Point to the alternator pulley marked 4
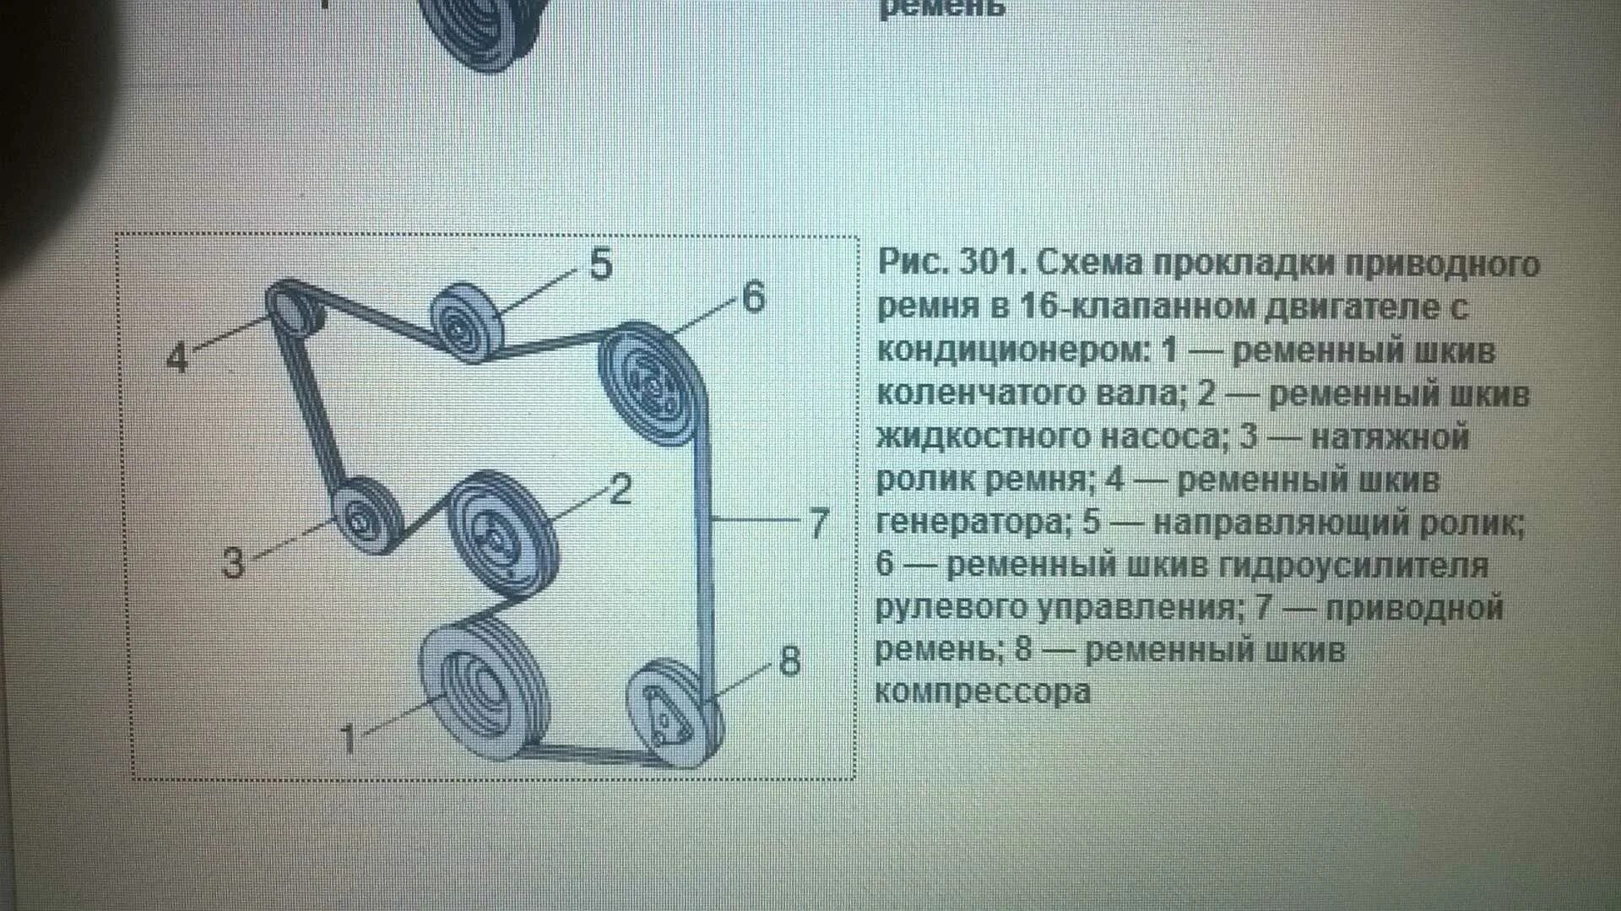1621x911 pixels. tap(293, 308)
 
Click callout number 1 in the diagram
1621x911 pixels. tap(347, 740)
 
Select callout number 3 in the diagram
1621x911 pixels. tap(233, 562)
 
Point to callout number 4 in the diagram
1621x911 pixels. tap(177, 358)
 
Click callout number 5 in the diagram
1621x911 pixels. tap(600, 265)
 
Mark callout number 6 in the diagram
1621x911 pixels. tap(753, 297)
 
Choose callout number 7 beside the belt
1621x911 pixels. tap(818, 523)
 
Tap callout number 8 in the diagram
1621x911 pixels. tap(789, 661)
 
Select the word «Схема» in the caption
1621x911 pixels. tap(1090, 263)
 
